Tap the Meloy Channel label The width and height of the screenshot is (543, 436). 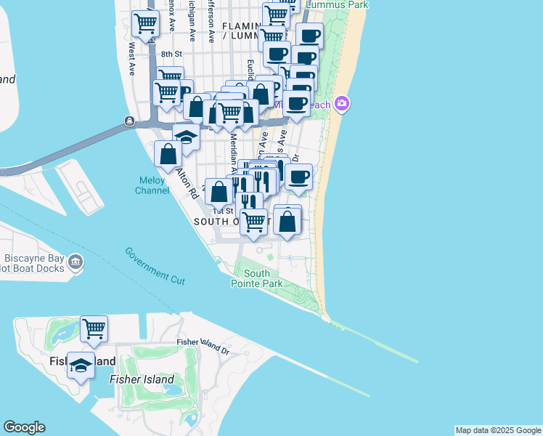[152, 185]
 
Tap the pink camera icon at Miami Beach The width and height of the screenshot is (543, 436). [342, 105]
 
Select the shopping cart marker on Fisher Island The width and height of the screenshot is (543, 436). [94, 329]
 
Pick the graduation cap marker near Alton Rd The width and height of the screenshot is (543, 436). [187, 137]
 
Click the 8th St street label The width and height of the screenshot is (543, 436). [171, 54]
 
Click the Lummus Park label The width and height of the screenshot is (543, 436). [338, 4]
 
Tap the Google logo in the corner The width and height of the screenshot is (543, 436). [24, 427]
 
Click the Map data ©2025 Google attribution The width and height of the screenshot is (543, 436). [498, 430]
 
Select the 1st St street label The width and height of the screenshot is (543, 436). [223, 211]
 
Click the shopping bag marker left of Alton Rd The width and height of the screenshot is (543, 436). [168, 153]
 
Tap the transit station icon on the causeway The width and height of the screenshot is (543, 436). [128, 121]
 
